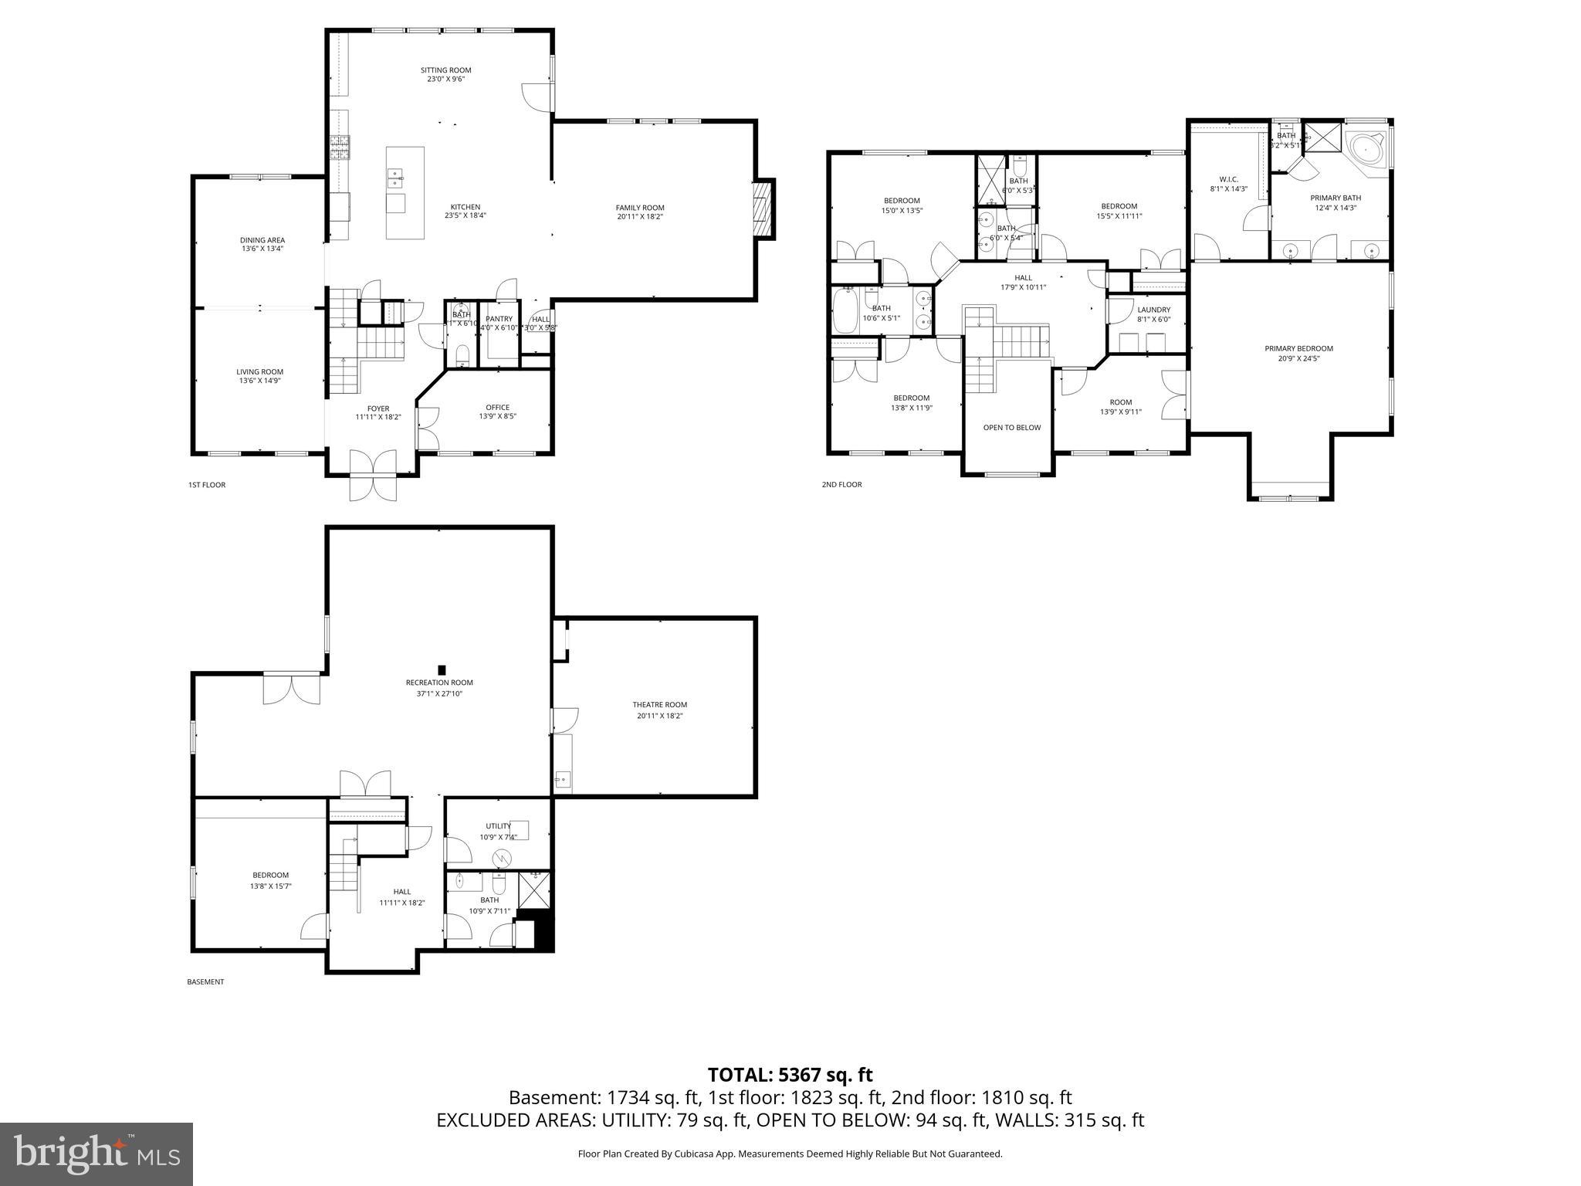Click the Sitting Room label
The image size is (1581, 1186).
point(446,70)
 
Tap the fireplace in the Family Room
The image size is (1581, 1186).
point(763,208)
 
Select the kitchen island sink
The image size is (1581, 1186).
point(395,178)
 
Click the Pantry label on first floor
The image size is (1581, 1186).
point(499,319)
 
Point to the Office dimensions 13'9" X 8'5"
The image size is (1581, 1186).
point(497,416)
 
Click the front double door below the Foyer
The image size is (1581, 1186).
point(373,475)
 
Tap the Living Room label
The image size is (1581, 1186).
point(259,371)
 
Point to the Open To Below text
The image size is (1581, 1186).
point(1011,427)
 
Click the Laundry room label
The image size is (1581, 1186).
point(1153,310)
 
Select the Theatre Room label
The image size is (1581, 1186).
point(659,704)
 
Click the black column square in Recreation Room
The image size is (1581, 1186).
point(442,669)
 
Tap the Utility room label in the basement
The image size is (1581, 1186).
point(498,826)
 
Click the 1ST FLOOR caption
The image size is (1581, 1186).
point(207,485)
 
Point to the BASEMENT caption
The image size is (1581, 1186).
point(205,982)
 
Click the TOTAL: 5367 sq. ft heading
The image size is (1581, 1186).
point(790,1075)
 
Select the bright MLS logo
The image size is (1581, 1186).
point(96,1154)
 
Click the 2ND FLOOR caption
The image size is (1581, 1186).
point(841,485)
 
